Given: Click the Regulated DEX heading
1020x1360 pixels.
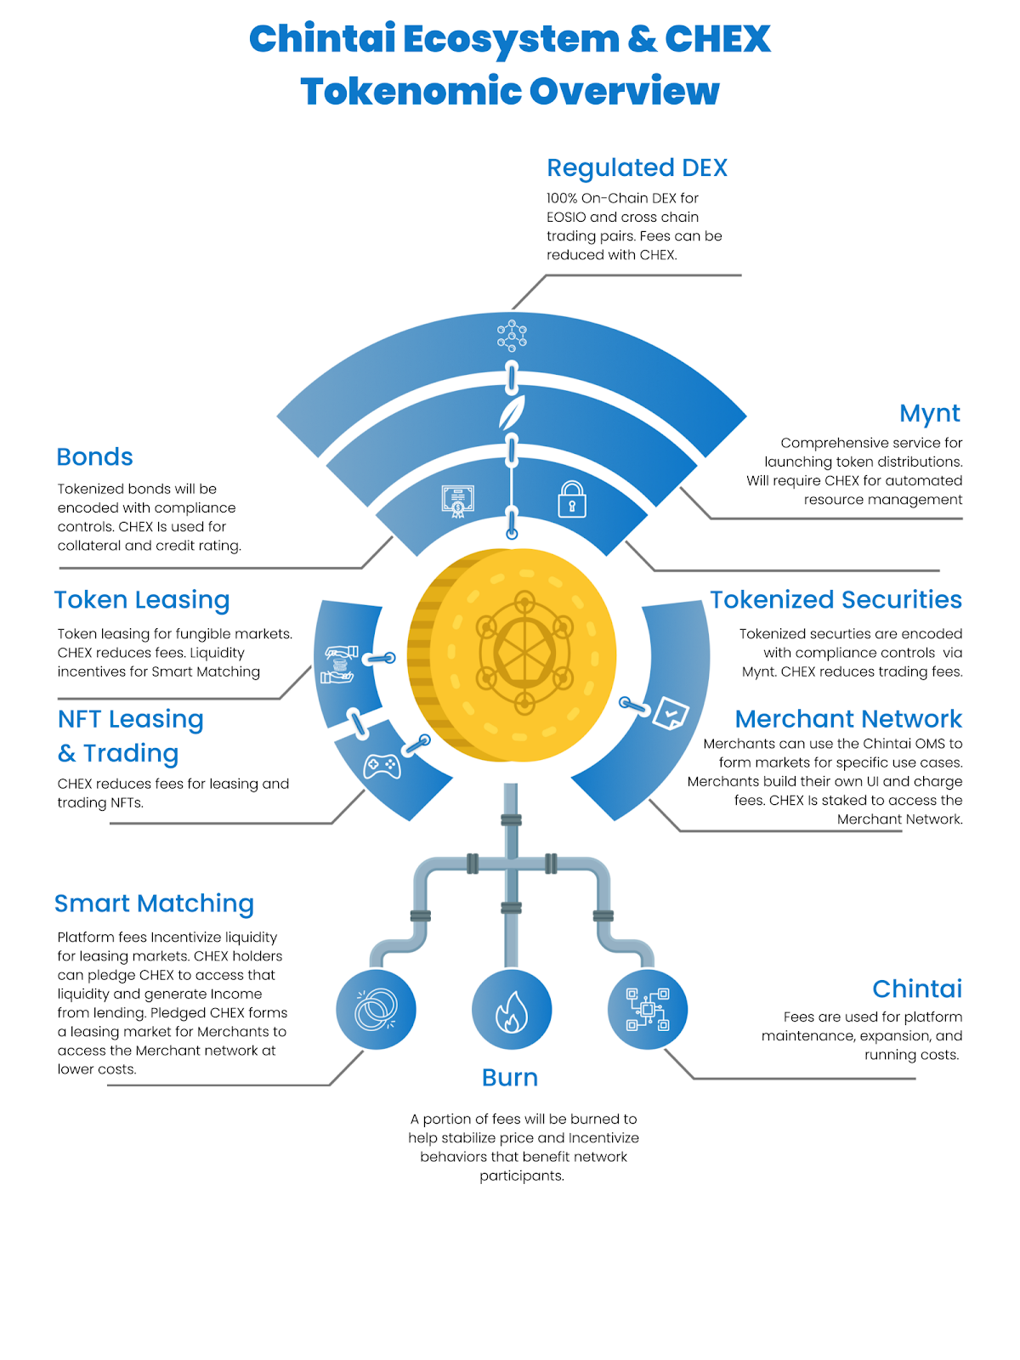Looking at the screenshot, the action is tap(637, 168).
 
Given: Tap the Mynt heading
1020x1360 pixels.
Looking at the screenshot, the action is tap(929, 413).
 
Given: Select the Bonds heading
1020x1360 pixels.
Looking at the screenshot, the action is tap(94, 457).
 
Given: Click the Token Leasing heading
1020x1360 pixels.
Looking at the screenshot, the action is tap(142, 600).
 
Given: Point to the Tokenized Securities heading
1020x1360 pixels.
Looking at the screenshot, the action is tap(836, 600).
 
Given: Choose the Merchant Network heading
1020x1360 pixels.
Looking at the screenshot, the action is tap(847, 719).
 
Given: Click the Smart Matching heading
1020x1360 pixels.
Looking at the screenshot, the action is tap(154, 904).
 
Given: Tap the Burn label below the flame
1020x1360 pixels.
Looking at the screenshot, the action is tap(510, 1078).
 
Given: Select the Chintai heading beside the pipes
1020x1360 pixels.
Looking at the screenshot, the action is tap(916, 989).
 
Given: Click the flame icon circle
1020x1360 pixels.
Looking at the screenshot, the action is tap(512, 1010).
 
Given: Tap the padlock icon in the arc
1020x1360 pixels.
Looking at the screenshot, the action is tap(572, 500).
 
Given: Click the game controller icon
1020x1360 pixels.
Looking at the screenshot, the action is tap(382, 766).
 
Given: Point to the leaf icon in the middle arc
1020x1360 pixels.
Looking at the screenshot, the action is tap(512, 413).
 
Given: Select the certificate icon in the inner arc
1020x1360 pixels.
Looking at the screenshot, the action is tap(457, 501).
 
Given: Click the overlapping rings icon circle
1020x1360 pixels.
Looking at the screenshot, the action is tap(376, 1010).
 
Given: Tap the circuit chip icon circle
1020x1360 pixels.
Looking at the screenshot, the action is tap(648, 1010).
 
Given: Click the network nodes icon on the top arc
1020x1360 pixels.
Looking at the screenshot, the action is tap(512, 336).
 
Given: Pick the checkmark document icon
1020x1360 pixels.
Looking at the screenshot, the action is tap(671, 712).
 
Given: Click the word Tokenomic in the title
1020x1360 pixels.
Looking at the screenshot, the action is tap(414, 92).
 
